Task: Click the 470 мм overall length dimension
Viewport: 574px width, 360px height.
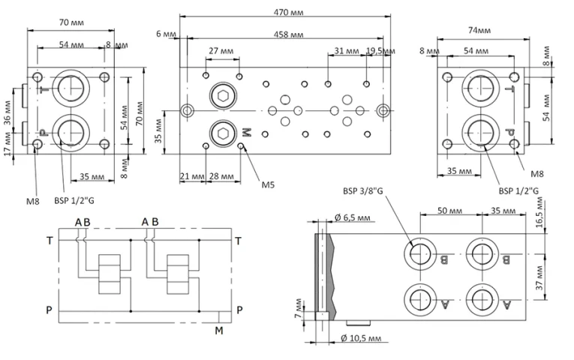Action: point(288,13)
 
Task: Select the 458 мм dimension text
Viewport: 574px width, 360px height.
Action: point(288,34)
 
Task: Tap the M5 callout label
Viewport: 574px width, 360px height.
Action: point(268,184)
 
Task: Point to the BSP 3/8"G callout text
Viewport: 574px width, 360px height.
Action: point(362,191)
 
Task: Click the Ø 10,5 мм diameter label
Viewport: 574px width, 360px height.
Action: point(361,338)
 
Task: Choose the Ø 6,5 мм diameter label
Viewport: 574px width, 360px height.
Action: point(352,218)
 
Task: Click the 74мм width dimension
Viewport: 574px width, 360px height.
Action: point(479,30)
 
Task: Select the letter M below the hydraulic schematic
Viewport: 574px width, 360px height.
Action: point(219,331)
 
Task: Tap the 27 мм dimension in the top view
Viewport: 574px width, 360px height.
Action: point(221,51)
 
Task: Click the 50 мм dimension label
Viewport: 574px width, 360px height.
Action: point(449,211)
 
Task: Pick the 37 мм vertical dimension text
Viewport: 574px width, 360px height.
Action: point(539,278)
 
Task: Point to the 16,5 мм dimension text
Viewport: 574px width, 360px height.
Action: point(539,212)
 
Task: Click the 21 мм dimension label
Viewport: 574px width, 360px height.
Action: point(192,176)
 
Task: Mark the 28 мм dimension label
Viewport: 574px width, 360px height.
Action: point(221,176)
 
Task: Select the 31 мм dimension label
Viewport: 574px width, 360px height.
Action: point(347,51)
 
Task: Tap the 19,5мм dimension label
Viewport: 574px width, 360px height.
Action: point(380,51)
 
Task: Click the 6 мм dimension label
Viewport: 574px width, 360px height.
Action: point(166,34)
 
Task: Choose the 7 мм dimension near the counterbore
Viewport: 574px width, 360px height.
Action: point(299,308)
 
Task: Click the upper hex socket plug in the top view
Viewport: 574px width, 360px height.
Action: point(223,95)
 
